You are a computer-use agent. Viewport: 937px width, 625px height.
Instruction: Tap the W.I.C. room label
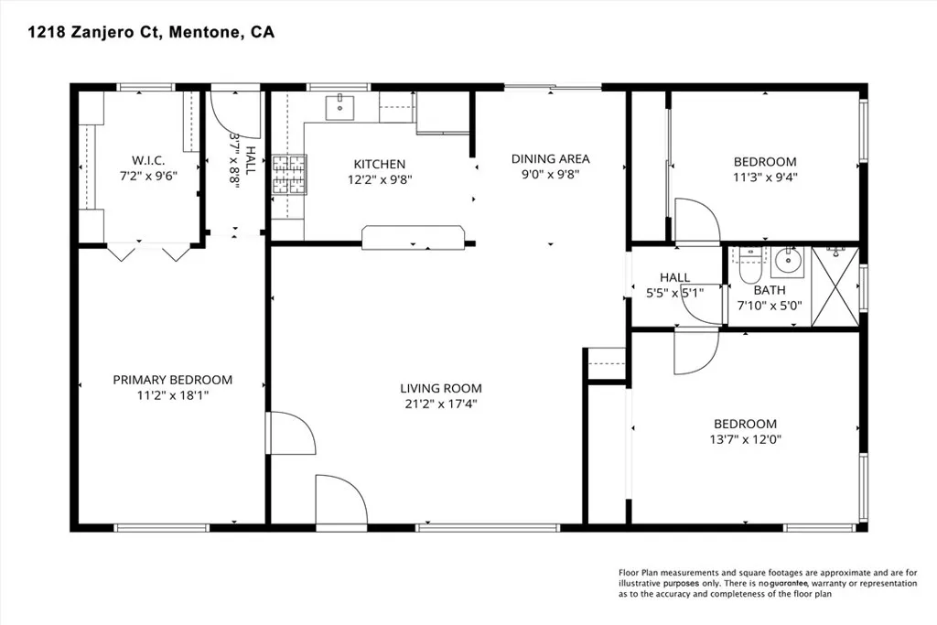tap(148, 161)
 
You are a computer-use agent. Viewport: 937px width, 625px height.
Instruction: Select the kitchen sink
tap(339, 108)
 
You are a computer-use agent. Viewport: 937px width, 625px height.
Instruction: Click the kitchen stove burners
tap(290, 175)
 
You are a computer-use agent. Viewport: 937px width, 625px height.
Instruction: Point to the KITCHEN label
tap(380, 165)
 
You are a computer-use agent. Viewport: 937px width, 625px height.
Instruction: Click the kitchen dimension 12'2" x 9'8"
tap(380, 179)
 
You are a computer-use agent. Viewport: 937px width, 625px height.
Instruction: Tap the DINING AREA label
tap(550, 159)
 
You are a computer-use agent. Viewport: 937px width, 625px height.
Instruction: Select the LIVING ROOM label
tap(441, 388)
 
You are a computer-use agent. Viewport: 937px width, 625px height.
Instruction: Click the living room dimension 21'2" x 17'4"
tap(441, 404)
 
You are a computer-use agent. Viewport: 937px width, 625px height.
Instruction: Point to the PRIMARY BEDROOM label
tap(173, 380)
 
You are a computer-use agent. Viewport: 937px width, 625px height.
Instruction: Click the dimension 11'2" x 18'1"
tap(173, 395)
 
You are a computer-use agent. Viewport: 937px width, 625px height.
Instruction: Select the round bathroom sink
tap(788, 261)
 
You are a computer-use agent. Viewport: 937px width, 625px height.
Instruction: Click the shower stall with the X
tap(835, 287)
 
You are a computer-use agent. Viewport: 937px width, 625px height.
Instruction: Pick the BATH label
tap(769, 290)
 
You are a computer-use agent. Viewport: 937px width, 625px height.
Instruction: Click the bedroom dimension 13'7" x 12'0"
tap(745, 439)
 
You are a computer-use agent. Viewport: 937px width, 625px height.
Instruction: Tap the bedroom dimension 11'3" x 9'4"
tap(765, 177)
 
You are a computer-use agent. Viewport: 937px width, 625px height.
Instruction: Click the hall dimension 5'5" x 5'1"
tap(674, 293)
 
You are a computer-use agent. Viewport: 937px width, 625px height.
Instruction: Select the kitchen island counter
tap(413, 237)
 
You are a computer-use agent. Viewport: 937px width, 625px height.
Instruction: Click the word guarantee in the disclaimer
tap(789, 583)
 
